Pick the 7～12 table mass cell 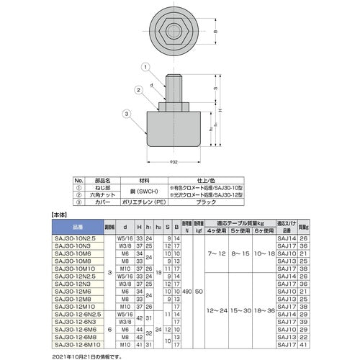click(214, 254)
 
